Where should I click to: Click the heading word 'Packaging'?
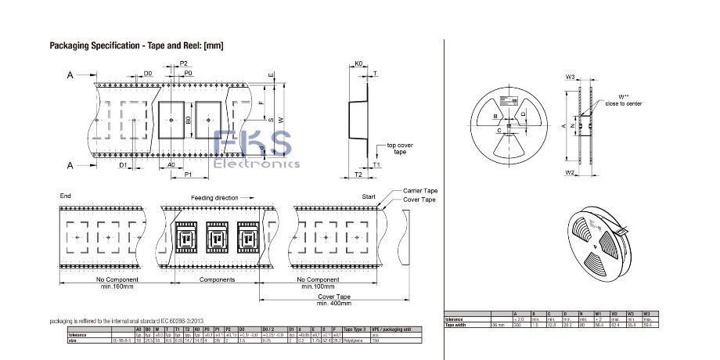[71, 45]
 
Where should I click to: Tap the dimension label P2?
[184, 63]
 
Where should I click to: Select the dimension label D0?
[148, 73]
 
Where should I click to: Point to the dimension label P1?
[189, 175]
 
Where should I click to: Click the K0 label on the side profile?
[358, 63]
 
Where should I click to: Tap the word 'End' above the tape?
[65, 195]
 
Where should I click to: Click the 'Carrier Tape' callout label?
[420, 190]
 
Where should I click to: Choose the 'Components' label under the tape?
[217, 279]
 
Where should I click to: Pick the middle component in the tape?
[217, 236]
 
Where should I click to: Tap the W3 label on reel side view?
[571, 77]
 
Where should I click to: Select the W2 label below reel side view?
[570, 171]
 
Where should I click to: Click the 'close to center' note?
[624, 103]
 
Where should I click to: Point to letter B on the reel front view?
[495, 117]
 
